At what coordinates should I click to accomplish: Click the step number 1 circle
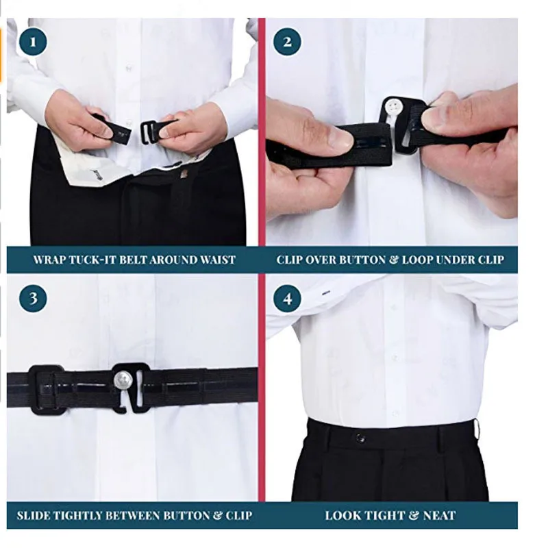coord(34,42)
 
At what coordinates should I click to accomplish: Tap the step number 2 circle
coord(287,42)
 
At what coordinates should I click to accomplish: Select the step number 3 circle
coord(34,299)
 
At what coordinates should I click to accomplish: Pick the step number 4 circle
coord(287,299)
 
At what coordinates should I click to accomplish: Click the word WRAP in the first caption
coord(49,260)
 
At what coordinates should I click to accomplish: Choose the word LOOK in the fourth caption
coord(341,516)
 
